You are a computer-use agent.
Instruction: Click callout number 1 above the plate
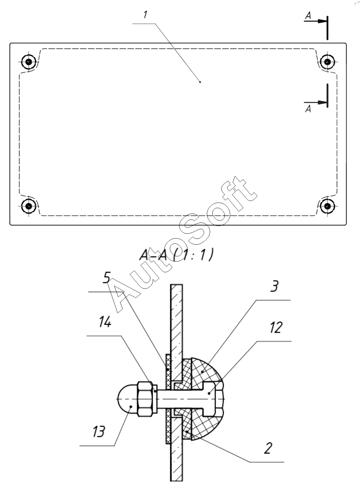click(145, 14)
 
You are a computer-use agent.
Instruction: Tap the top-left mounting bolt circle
click(29, 62)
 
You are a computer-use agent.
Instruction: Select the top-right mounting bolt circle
click(327, 62)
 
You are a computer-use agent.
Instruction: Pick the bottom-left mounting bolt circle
click(29, 206)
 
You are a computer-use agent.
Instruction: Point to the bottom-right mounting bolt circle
click(327, 206)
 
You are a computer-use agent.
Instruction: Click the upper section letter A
click(308, 16)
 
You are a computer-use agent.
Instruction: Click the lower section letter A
click(308, 109)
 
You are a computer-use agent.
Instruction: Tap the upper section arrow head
click(322, 21)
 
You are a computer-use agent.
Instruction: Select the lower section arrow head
click(322, 102)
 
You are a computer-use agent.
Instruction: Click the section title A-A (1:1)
click(176, 255)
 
